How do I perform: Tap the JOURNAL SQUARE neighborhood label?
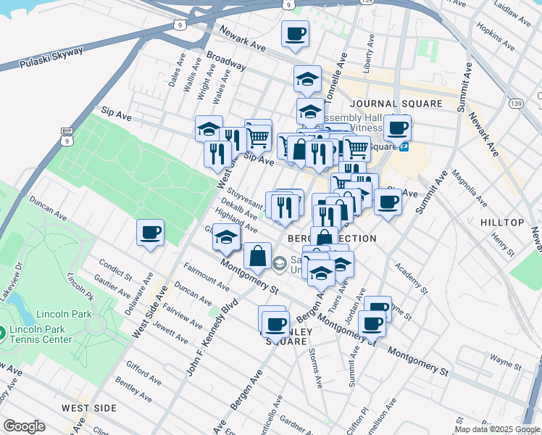pos(401,104)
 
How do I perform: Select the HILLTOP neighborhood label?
pos(501,221)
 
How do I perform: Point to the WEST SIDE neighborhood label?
pos(89,408)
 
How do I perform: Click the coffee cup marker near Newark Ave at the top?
pos(295,33)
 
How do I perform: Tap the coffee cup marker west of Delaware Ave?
pos(150,233)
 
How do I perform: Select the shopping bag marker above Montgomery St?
pos(258,255)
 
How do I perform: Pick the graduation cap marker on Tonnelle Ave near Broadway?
pos(307,78)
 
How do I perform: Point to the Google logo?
pos(24,426)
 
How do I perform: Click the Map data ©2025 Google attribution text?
pos(497,429)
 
